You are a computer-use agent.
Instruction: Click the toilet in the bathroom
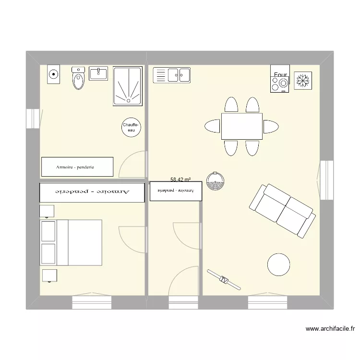click(78, 79)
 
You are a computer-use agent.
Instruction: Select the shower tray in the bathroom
click(128, 86)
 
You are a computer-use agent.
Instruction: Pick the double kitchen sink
click(172, 75)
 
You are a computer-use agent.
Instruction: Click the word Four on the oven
click(280, 75)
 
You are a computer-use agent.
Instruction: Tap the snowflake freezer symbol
click(302, 80)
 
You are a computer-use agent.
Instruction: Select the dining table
click(241, 126)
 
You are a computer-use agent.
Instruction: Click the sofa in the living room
click(282, 210)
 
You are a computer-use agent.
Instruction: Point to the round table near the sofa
click(278, 264)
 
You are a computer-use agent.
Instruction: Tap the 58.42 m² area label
click(180, 180)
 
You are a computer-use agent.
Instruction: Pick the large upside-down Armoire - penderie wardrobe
click(92, 192)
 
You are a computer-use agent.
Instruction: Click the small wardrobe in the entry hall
click(176, 191)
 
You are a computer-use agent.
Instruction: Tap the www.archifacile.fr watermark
click(330, 329)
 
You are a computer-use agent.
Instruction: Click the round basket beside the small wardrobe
click(215, 181)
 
